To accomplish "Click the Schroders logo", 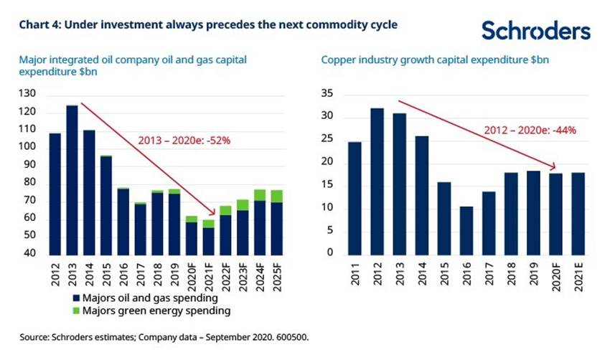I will click(535, 30).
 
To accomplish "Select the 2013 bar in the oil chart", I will click(72, 179).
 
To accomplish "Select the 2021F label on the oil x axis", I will click(209, 275).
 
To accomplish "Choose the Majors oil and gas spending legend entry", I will click(155, 298).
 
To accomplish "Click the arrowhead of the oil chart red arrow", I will click(215, 213).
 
